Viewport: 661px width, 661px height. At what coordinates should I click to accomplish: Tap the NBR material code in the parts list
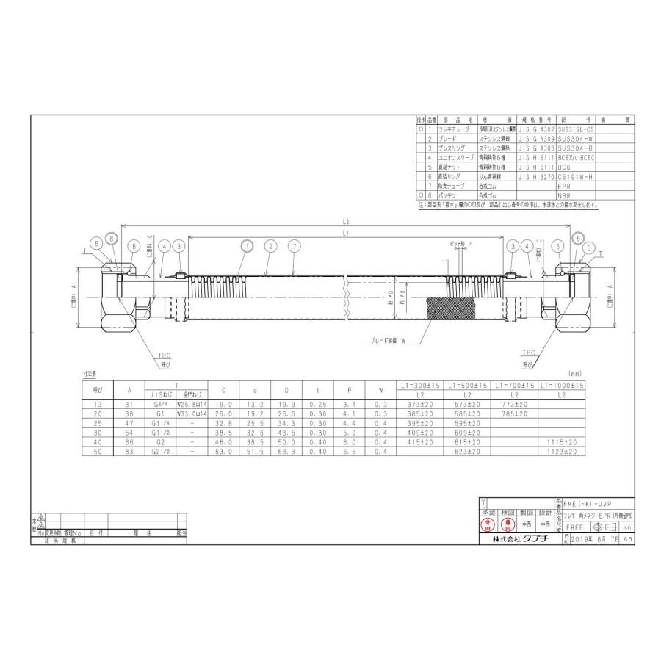pyautogui.click(x=565, y=196)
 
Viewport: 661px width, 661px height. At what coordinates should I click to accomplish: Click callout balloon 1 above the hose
pyautogui.click(x=247, y=246)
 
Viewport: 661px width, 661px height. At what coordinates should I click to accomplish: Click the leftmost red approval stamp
pyautogui.click(x=487, y=525)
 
